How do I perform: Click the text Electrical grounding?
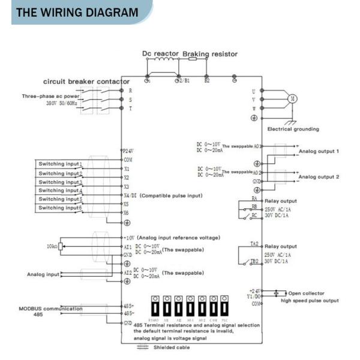293,129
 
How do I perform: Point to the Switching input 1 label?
61,164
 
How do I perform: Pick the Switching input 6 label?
61,208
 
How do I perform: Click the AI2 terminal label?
127,272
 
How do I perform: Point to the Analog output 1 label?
319,151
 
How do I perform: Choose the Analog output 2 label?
319,177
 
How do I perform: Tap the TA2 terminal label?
254,244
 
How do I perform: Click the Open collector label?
309,293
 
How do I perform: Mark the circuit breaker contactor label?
86,81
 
